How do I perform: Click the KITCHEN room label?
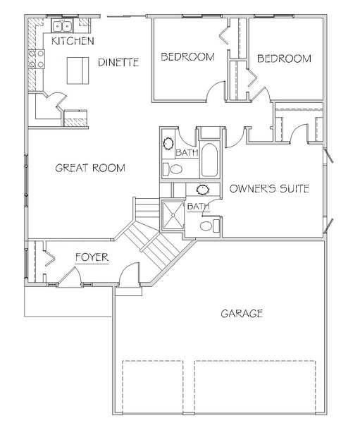click(x=73, y=41)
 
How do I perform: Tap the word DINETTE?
click(x=118, y=62)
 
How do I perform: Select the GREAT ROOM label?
click(x=90, y=168)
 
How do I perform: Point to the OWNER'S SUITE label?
click(x=269, y=188)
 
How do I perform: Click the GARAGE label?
click(x=242, y=313)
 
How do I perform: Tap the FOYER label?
click(x=92, y=257)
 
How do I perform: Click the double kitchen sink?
click(x=62, y=26)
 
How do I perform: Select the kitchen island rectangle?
click(x=77, y=70)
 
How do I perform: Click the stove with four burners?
click(x=37, y=59)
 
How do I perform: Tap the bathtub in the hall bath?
click(x=209, y=160)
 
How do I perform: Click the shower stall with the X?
click(x=173, y=215)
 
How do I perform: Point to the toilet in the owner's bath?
click(x=209, y=226)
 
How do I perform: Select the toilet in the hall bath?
click(x=173, y=169)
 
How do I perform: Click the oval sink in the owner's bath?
click(x=203, y=190)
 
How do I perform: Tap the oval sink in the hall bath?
click(x=168, y=144)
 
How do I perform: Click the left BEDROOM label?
click(x=187, y=56)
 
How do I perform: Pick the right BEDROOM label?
click(x=284, y=59)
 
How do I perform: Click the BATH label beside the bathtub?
click(x=187, y=152)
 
